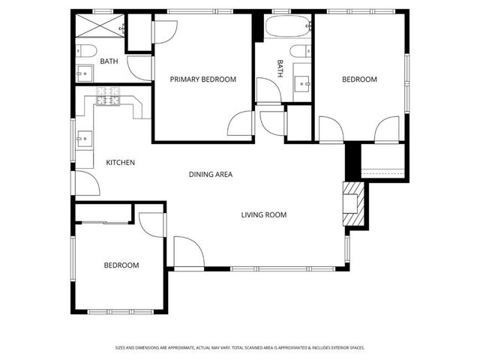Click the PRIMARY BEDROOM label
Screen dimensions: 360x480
pos(202,79)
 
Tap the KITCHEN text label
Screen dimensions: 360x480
pos(120,163)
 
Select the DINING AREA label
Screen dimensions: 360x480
pos(210,175)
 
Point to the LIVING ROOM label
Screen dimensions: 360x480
pos(264,215)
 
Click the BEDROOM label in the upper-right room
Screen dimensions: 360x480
pos(359,79)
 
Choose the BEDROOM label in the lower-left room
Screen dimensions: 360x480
pos(121,265)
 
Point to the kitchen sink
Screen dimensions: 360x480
pos(84,138)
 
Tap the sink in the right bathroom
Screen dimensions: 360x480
pos(303,82)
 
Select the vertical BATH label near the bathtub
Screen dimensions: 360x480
pos(280,69)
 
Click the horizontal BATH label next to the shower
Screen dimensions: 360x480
pos(109,61)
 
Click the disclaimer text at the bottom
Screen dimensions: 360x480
pos(239,347)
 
